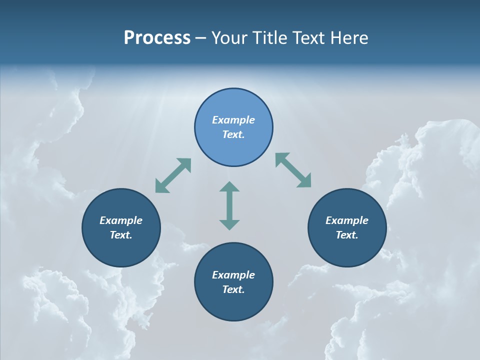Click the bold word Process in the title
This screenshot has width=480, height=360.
tap(157, 38)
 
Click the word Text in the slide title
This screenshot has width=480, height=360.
tap(309, 38)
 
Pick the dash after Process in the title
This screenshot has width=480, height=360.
tap(201, 38)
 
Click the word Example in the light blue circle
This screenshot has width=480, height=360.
tap(233, 120)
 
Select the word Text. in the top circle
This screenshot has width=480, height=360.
tap(233, 134)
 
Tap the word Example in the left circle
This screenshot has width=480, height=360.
tap(121, 220)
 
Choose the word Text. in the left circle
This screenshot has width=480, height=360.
tap(121, 235)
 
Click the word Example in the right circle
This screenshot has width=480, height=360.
tap(347, 220)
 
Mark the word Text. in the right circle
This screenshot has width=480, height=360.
tap(347, 235)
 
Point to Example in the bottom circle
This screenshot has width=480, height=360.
tap(233, 275)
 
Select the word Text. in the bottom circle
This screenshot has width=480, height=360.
tap(233, 289)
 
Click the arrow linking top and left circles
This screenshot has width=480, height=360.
tap(173, 175)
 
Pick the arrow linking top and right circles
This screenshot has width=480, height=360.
tap(293, 170)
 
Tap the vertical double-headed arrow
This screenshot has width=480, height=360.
tap(229, 205)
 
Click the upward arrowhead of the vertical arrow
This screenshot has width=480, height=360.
tap(229, 187)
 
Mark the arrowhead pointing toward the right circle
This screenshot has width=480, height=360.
tap(305, 181)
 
